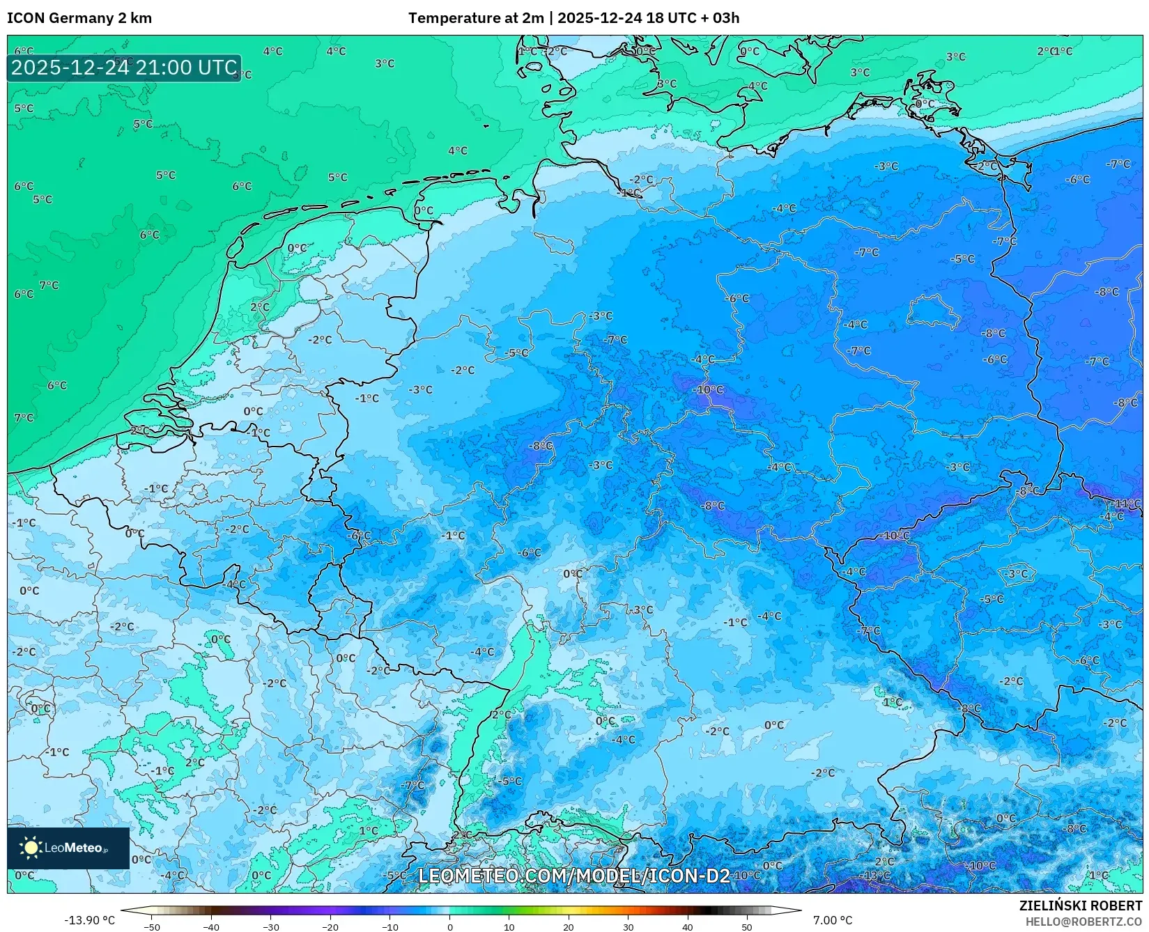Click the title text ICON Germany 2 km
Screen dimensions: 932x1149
pyautogui.click(x=79, y=18)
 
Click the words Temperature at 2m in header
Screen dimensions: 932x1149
pyautogui.click(x=475, y=18)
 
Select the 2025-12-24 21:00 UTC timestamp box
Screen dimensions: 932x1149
pyautogui.click(x=124, y=68)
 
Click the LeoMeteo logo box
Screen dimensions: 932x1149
pyautogui.click(x=68, y=848)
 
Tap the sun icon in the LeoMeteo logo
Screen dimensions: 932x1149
pyautogui.click(x=31, y=848)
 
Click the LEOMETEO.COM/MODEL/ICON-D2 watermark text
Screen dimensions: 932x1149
pyautogui.click(x=573, y=876)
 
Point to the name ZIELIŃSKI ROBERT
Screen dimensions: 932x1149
pyautogui.click(x=1081, y=906)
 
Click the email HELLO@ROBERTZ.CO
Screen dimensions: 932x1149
pyautogui.click(x=1084, y=921)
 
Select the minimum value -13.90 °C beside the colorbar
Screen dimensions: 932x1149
pyautogui.click(x=89, y=920)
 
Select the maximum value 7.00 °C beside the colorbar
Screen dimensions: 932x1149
pyautogui.click(x=832, y=920)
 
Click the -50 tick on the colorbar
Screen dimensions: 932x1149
pyautogui.click(x=152, y=926)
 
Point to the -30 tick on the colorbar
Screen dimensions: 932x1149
pyautogui.click(x=271, y=926)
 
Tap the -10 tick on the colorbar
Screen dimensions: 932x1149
pyautogui.click(x=390, y=926)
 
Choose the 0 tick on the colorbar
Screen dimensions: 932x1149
pyautogui.click(x=449, y=926)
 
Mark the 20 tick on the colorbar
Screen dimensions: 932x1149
pyautogui.click(x=569, y=926)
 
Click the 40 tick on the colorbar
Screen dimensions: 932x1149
pyautogui.click(x=688, y=926)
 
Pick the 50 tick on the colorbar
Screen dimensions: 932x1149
pyautogui.click(x=747, y=926)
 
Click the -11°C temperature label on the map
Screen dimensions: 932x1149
pyautogui.click(x=1127, y=504)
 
